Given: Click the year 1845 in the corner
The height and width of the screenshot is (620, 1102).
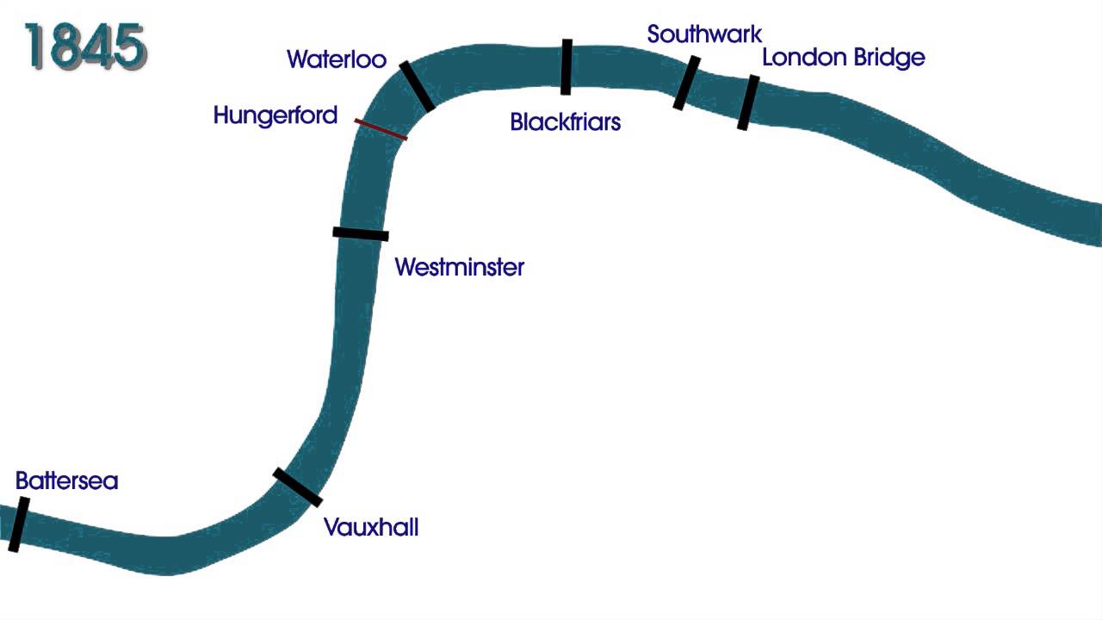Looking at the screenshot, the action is [85, 46].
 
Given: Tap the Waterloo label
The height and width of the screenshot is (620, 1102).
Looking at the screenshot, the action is [337, 59].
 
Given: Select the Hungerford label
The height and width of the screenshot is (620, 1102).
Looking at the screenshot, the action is [275, 115].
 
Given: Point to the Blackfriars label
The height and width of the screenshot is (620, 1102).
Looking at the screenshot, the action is [565, 122].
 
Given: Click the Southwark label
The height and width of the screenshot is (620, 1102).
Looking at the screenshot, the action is [704, 34].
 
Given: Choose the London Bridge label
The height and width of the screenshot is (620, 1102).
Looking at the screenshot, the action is [843, 58].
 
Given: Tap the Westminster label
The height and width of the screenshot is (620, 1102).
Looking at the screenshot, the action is [459, 267].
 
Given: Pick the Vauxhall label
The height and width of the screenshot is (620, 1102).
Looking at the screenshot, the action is [371, 527].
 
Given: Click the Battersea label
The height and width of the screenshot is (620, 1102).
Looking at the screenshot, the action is [66, 480].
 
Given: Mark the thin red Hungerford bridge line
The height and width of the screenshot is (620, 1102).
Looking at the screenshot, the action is [381, 129].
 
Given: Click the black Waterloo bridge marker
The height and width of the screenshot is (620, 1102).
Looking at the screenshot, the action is [417, 86].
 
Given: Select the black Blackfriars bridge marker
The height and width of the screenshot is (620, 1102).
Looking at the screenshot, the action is [566, 66].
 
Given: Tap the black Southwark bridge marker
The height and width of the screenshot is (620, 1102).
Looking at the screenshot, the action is [686, 83].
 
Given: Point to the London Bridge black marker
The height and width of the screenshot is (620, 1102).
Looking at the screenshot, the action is [748, 102].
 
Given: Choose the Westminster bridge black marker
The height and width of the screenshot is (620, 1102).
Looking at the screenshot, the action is [361, 233].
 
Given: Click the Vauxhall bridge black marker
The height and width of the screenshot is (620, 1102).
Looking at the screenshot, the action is [297, 487].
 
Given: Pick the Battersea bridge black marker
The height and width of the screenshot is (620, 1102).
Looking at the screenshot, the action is [18, 524].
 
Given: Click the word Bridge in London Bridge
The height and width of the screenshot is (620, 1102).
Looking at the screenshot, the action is [886, 58].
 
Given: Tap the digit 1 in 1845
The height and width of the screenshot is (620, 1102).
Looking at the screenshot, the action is [35, 46].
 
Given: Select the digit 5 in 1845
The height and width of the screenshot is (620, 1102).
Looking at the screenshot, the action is [128, 46].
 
